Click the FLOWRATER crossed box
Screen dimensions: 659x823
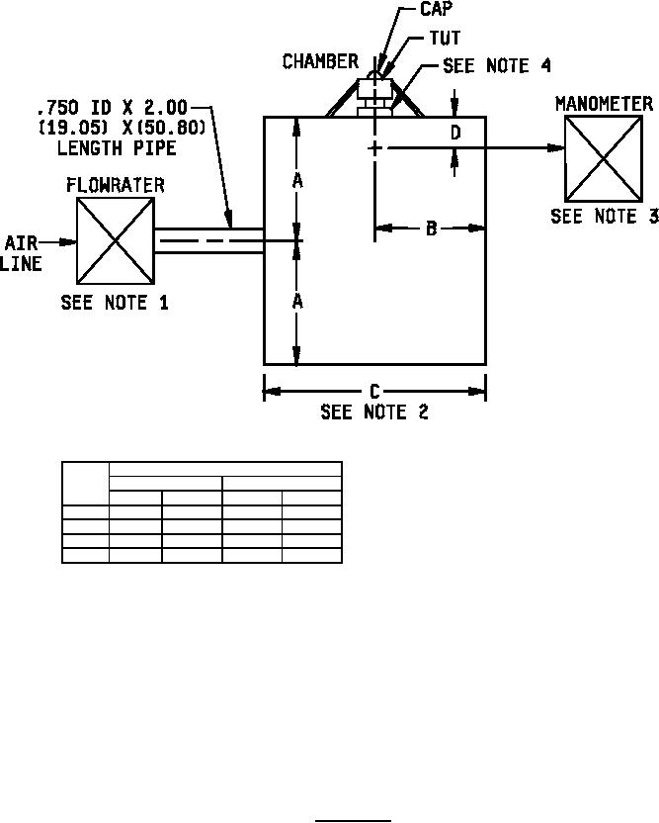click(116, 241)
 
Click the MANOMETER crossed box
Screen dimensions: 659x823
click(604, 158)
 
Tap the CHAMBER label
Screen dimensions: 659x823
click(320, 61)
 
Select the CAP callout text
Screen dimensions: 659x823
click(436, 8)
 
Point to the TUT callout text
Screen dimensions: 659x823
click(446, 38)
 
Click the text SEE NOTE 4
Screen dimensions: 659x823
click(497, 65)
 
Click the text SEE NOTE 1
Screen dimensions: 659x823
click(115, 303)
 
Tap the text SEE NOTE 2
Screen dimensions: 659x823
click(374, 411)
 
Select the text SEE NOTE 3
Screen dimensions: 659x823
click(605, 217)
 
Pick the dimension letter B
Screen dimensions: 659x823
click(431, 229)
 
